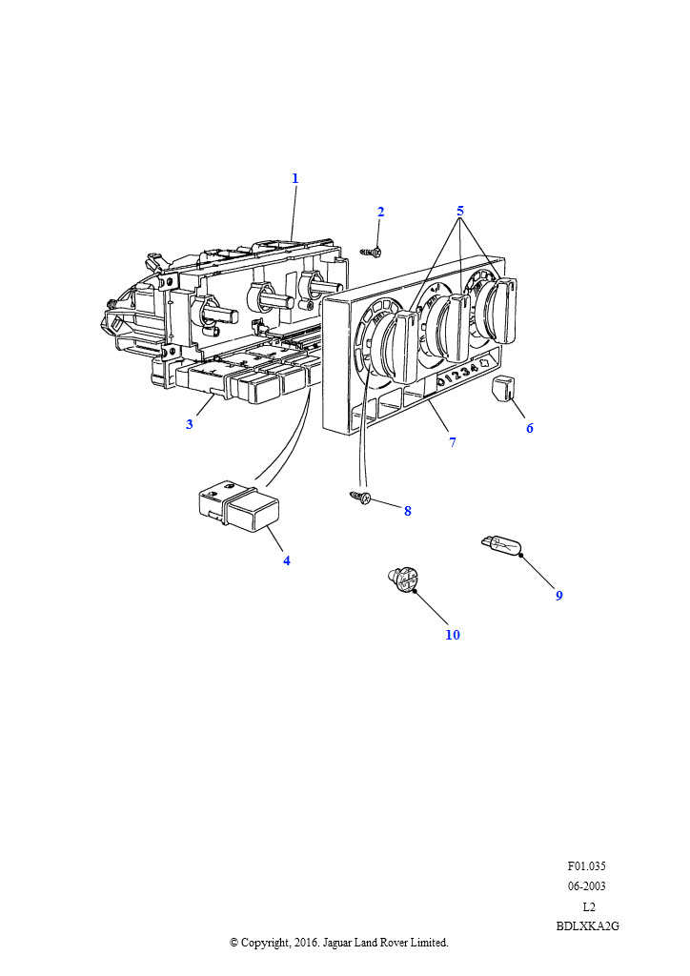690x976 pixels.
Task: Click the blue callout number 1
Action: [x=295, y=178]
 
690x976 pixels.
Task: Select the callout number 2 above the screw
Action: [x=381, y=213]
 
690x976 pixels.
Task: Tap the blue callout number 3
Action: [x=189, y=424]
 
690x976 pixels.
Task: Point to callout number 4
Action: [x=286, y=560]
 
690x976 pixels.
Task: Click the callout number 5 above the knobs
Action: [x=460, y=211]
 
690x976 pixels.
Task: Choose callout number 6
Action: [x=530, y=428]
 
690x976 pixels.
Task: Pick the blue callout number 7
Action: [x=453, y=442]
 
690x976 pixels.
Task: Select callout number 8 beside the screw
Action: [x=408, y=511]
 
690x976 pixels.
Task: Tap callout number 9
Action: [x=558, y=596]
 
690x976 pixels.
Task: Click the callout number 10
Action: [x=453, y=635]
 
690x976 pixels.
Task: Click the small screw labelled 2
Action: [x=372, y=252]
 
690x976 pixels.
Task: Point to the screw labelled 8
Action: [x=359, y=497]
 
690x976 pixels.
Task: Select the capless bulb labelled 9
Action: [x=501, y=546]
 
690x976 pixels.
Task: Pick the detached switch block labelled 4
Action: [x=239, y=506]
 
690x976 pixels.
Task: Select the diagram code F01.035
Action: [x=586, y=865]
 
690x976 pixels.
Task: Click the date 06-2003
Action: [x=586, y=885]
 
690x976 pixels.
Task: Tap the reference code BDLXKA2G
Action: [x=587, y=925]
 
